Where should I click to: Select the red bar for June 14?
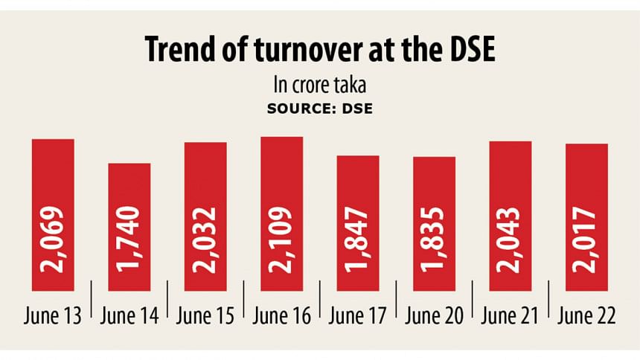pos(129,226)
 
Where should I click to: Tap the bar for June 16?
pos(282,213)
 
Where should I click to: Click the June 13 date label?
pos(54,317)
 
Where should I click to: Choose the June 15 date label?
pos(206,317)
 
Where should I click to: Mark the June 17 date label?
pos(358,317)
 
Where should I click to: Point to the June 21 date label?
pos(511,317)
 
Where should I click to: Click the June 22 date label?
pos(586,317)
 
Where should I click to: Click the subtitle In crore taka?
pos(319,83)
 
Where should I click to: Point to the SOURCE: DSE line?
pos(319,108)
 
